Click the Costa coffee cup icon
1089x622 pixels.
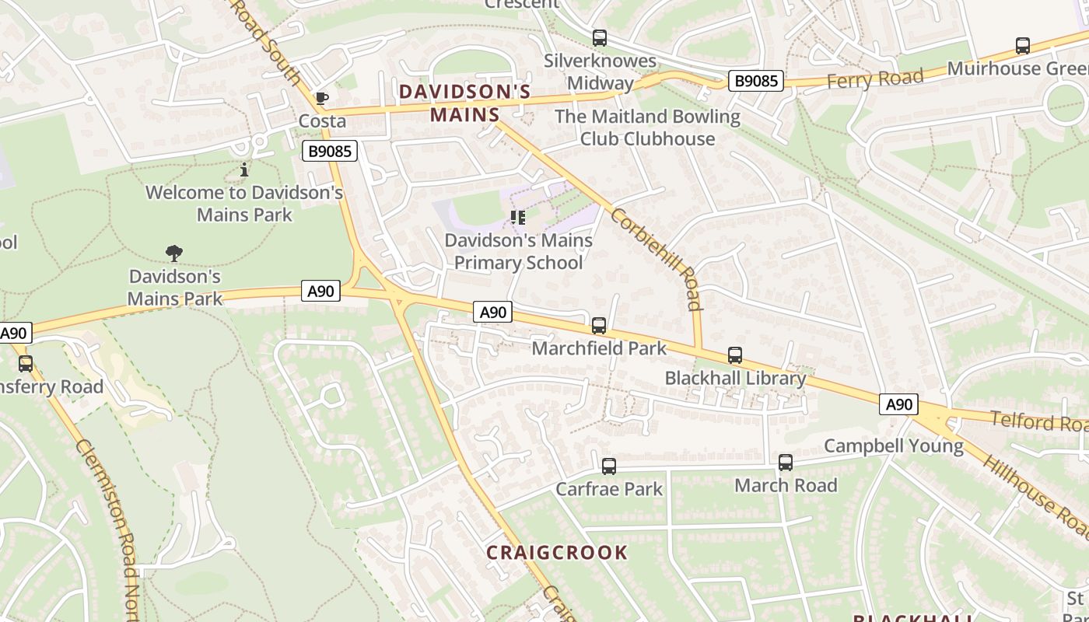(x=321, y=98)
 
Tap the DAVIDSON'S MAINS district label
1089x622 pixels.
(x=465, y=103)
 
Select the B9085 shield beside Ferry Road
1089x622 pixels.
(x=755, y=80)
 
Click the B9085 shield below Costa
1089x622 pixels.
(x=329, y=151)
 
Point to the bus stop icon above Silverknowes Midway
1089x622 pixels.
(x=600, y=37)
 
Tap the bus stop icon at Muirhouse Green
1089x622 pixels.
(x=1023, y=46)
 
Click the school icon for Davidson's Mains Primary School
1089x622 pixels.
(x=517, y=218)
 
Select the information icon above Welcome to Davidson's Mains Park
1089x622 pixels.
(x=244, y=169)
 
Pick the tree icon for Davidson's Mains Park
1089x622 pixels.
(x=174, y=253)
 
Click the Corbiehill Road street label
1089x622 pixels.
(x=657, y=258)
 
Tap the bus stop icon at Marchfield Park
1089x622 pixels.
(x=599, y=326)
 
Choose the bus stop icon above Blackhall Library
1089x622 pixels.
(x=735, y=355)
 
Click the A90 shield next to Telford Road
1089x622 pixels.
(x=898, y=404)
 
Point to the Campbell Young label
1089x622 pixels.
(x=893, y=446)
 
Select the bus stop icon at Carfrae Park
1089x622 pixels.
(x=609, y=466)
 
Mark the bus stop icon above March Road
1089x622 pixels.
(x=786, y=463)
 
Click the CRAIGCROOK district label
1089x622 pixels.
(x=557, y=553)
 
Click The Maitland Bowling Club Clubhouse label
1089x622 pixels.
(x=647, y=128)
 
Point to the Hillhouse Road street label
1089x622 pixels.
(x=1035, y=495)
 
